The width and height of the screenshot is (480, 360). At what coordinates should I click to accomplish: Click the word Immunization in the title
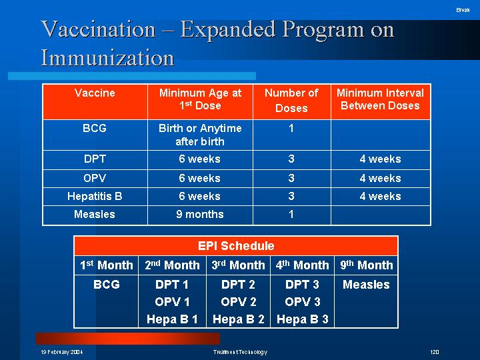coord(108,57)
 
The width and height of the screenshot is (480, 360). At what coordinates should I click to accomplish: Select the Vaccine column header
coord(95,93)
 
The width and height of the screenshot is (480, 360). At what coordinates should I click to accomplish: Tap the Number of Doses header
coord(291,101)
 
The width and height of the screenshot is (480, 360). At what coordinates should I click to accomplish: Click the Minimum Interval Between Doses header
coord(380,99)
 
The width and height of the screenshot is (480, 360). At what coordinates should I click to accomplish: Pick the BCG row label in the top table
coord(95,128)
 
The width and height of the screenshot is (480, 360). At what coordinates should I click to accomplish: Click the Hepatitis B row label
coord(95,196)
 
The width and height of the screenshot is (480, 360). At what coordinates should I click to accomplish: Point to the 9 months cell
coord(200,214)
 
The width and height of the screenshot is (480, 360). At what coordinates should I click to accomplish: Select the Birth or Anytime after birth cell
coord(200,135)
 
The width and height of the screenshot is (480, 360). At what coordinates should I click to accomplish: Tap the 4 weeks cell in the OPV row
coord(380,178)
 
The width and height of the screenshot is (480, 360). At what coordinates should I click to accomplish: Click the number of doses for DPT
coord(291,159)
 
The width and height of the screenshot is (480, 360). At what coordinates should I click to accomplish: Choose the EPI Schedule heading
coord(236,245)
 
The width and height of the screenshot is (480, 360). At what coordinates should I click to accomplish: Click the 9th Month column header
coord(367,265)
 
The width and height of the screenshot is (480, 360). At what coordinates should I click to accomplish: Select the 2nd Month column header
coord(172,265)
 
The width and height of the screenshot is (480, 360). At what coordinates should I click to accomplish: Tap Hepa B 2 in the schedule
coord(239,319)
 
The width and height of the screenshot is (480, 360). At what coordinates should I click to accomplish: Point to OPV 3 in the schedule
coord(303,302)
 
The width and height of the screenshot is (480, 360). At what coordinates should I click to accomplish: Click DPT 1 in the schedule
coord(172,285)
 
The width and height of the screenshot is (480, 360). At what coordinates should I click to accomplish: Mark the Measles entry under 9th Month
coord(366,285)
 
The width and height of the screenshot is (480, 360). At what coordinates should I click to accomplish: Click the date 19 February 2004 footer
coord(62,352)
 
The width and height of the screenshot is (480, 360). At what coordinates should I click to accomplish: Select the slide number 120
coord(435,352)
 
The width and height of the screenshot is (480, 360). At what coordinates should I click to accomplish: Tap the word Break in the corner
coord(463,10)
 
